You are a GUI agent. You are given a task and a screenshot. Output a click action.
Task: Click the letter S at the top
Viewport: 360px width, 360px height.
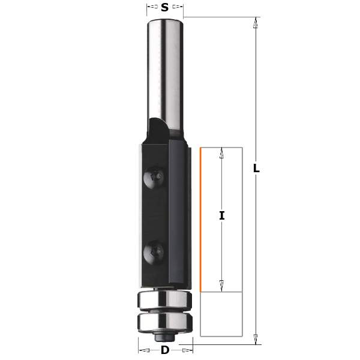[164, 8]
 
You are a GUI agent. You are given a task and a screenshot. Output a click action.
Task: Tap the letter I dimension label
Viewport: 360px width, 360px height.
[222, 215]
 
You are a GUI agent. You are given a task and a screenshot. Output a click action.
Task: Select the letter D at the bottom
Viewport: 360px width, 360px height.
[165, 350]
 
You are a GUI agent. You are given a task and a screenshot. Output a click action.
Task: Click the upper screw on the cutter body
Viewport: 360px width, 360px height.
[154, 176]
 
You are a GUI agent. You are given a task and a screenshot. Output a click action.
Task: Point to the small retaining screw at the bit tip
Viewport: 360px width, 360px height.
[164, 334]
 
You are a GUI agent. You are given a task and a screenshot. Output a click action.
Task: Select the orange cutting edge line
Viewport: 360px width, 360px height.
[199, 219]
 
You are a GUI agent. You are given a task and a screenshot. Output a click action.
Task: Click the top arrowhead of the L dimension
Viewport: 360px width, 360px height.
[256, 24]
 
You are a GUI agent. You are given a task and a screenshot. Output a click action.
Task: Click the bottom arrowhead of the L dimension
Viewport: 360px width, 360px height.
[256, 338]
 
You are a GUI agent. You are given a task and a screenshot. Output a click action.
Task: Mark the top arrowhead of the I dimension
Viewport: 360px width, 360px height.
[222, 154]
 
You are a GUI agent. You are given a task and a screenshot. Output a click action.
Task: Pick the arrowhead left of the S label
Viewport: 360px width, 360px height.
[150, 8]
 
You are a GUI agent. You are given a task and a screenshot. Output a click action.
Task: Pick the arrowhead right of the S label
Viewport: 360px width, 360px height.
[178, 8]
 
